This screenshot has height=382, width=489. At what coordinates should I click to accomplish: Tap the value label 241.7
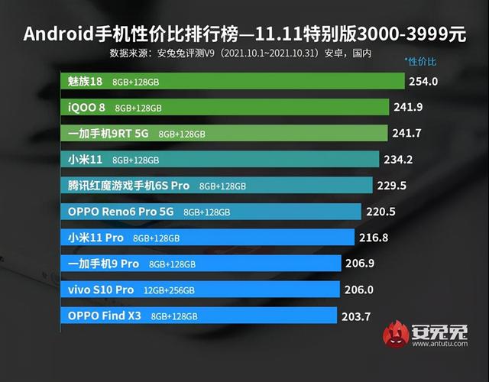tap(410, 133)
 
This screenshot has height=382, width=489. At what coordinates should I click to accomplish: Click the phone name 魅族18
tap(85, 81)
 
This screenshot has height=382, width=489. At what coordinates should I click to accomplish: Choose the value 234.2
tap(400, 159)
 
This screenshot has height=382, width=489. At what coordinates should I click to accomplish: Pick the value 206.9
tap(361, 264)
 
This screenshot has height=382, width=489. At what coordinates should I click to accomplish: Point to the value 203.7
tap(356, 316)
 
